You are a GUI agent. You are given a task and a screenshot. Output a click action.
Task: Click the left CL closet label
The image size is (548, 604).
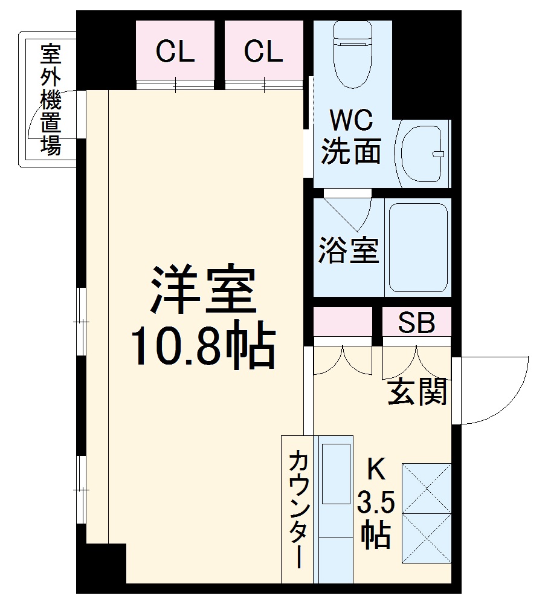[175, 52]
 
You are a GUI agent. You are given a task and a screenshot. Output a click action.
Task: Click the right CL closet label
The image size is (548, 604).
[263, 52]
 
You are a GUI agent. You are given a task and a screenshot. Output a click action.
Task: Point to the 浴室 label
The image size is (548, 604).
[349, 250]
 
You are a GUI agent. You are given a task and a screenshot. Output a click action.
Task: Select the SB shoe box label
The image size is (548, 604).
[416, 323]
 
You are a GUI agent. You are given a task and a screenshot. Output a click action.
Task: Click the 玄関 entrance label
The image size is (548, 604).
[417, 392]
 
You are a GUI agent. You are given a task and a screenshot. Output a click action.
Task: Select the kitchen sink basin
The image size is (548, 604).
[336, 473]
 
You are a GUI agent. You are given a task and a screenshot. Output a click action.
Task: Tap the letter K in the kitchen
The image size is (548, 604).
[376, 470]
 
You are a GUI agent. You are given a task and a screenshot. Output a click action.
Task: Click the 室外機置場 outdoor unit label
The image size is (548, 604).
[51, 99]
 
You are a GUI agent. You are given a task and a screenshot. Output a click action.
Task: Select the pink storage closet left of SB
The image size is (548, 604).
[343, 322]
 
